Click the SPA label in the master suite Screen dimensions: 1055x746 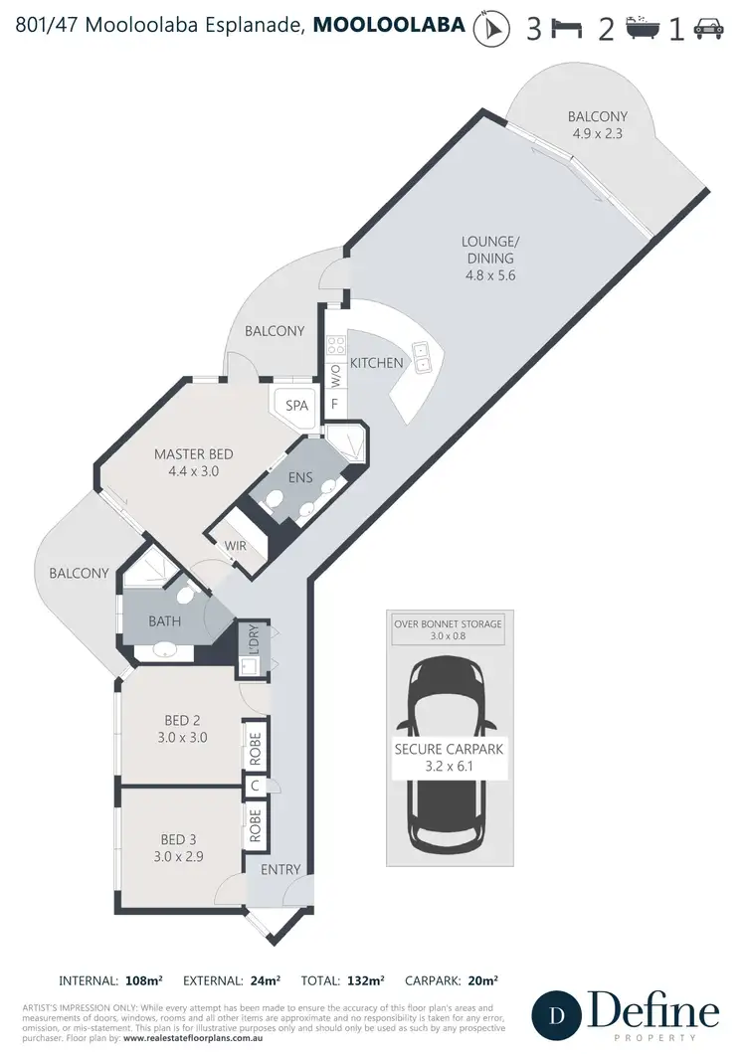(296, 406)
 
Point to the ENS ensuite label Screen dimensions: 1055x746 (300, 478)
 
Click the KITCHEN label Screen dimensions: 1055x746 (376, 363)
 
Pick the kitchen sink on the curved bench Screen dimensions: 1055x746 (423, 354)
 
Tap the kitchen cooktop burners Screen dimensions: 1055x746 (336, 347)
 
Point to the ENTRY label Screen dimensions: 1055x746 (280, 870)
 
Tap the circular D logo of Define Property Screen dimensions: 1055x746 (556, 1016)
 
